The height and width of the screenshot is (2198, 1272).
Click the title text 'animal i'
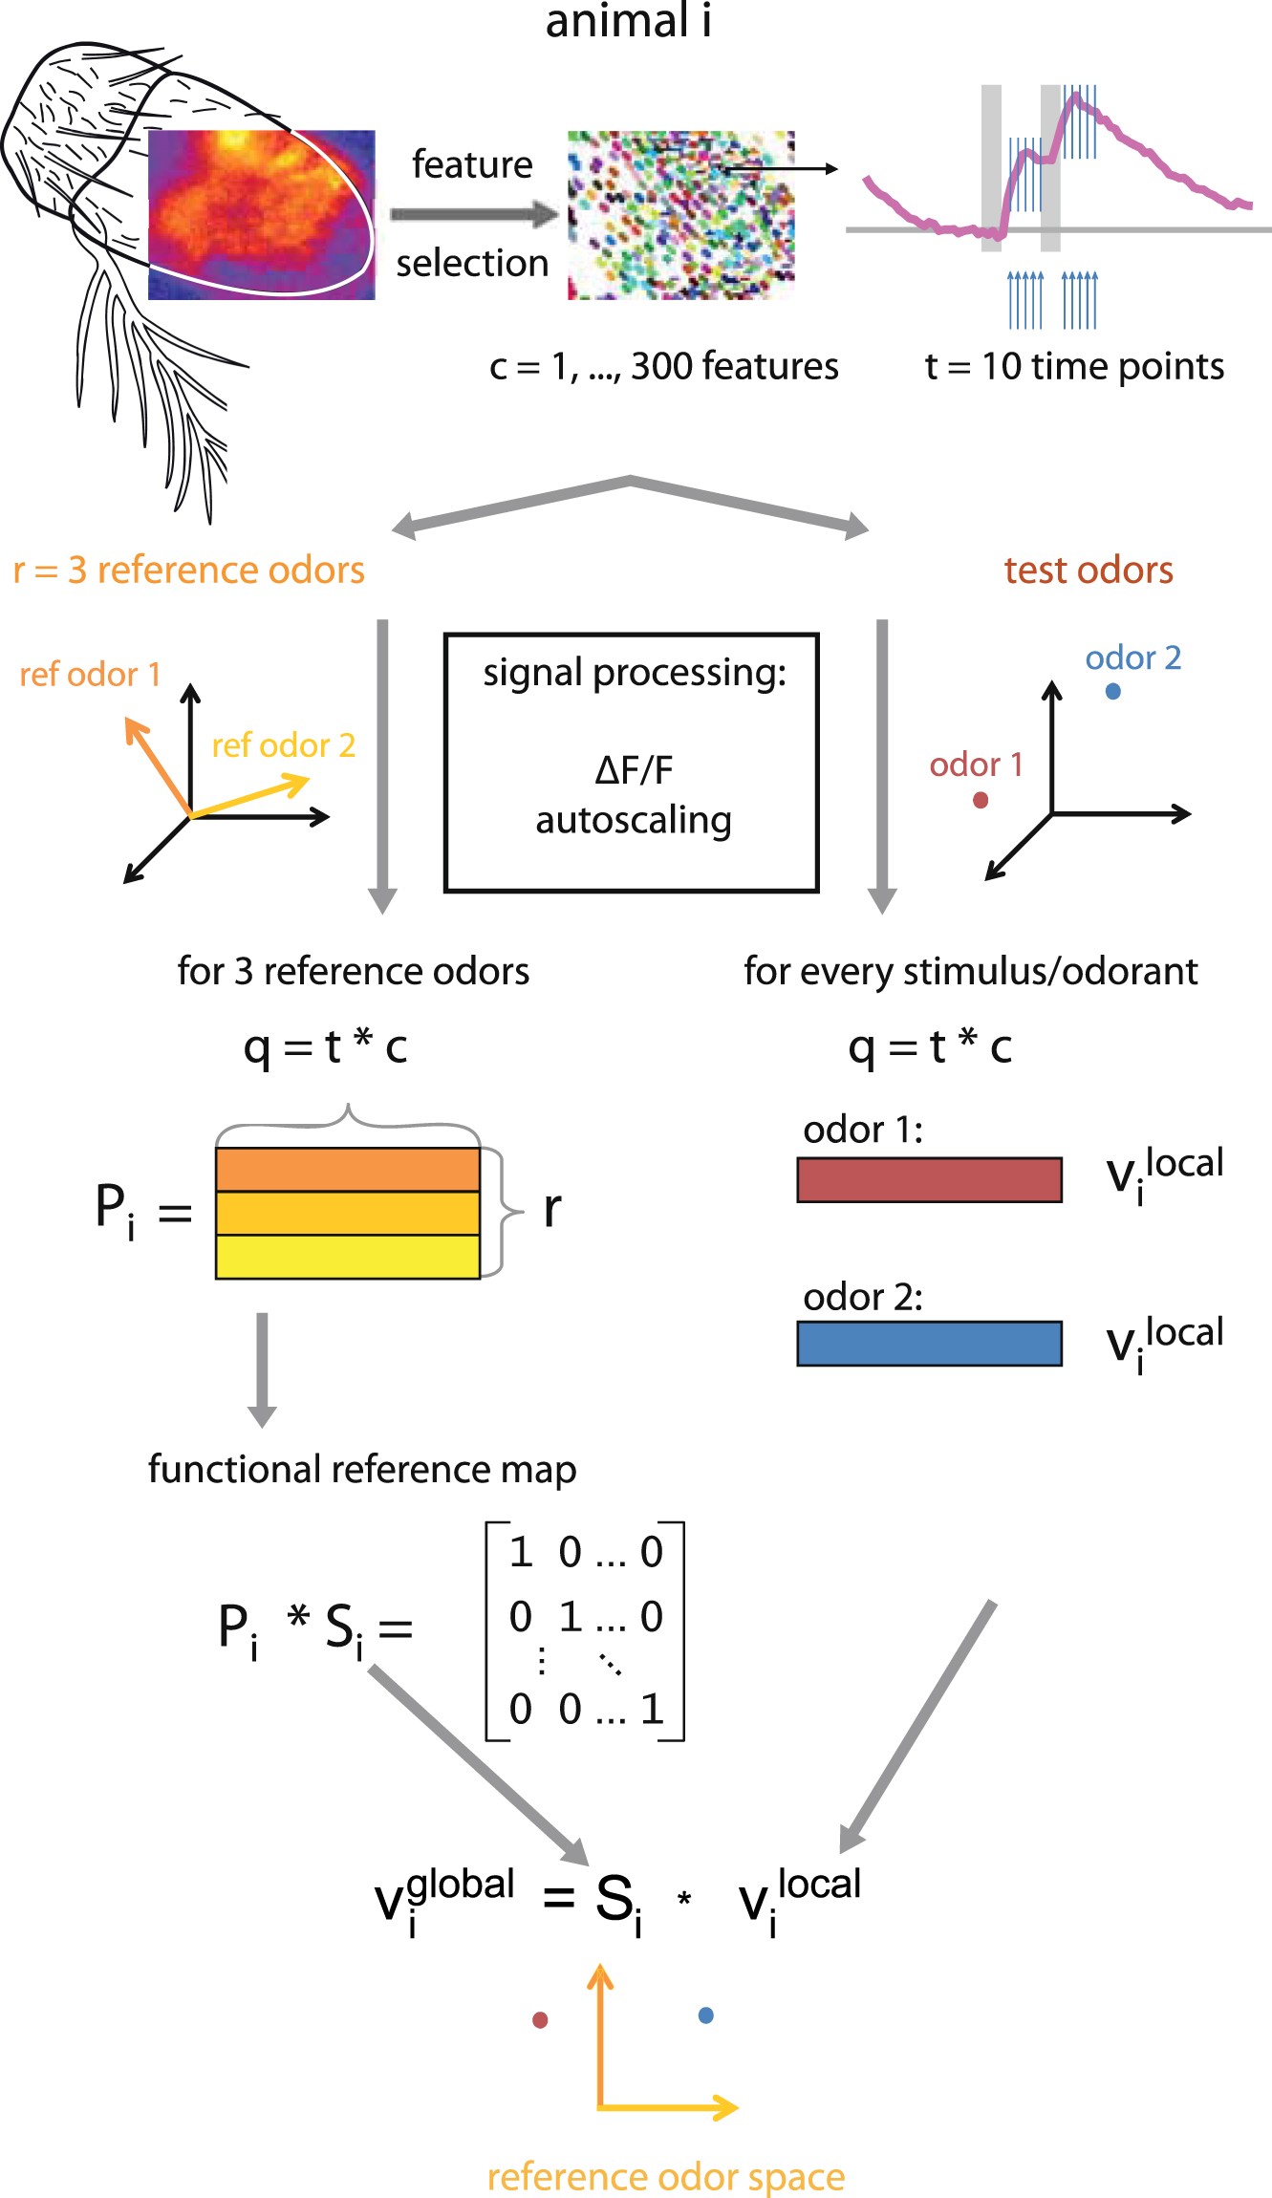[628, 21]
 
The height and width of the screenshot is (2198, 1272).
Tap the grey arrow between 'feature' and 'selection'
[473, 214]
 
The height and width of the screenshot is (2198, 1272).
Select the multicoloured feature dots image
[680, 215]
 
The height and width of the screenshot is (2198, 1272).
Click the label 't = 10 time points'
[1074, 366]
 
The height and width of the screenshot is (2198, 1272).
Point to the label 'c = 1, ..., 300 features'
[663, 366]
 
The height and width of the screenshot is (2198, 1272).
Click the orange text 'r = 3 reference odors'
[189, 571]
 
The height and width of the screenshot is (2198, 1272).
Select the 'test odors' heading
[1088, 571]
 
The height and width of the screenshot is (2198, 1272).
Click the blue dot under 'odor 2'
[1112, 691]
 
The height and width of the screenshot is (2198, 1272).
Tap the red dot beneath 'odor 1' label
[980, 800]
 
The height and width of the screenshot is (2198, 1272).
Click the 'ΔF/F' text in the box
[634, 770]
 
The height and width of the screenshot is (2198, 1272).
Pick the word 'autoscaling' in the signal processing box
[634, 820]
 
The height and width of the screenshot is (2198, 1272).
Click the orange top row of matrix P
[347, 1170]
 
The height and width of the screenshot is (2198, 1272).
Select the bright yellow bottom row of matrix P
[347, 1257]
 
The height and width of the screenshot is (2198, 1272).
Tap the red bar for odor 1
[929, 1180]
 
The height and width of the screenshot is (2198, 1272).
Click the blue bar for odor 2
[929, 1344]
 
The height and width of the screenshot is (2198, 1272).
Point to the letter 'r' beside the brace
[551, 1210]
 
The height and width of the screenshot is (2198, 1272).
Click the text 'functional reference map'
[362, 1469]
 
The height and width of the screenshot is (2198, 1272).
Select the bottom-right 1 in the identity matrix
[652, 1709]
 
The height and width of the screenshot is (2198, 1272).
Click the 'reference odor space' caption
[665, 2177]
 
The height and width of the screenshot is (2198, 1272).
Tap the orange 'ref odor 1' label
[90, 675]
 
